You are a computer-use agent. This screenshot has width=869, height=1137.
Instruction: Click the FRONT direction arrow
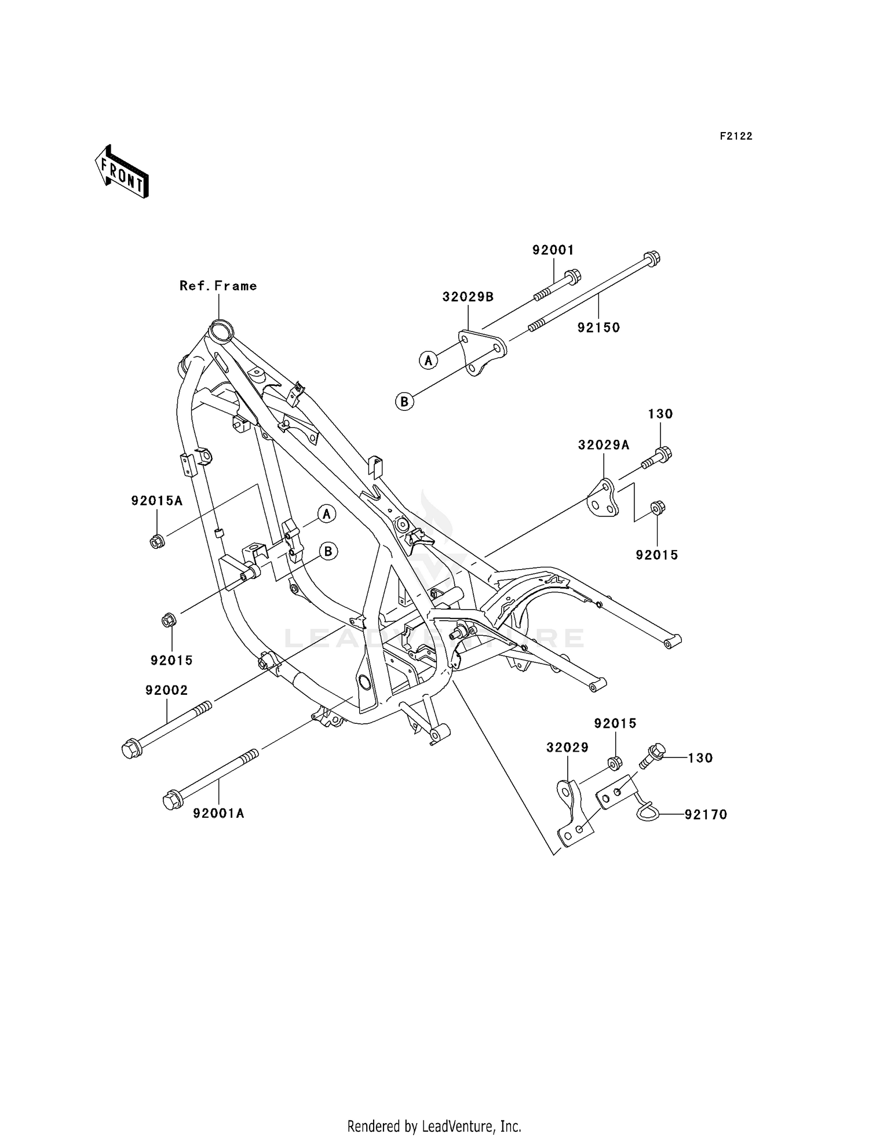[122, 172]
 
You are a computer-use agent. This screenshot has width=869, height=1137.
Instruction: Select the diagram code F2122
[736, 136]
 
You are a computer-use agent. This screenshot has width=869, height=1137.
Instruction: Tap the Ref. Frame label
[218, 286]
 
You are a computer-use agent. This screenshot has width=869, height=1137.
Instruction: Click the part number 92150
[598, 327]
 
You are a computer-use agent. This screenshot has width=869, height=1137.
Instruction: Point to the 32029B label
[468, 297]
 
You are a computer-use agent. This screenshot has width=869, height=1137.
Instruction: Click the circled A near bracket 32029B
[428, 360]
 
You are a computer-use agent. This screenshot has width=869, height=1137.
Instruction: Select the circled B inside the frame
[328, 551]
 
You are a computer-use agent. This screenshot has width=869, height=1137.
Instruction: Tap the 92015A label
[156, 501]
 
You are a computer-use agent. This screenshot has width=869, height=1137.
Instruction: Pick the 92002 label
[166, 690]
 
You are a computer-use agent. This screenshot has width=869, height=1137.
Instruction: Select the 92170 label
[706, 815]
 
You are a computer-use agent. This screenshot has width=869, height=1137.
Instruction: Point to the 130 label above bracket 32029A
[660, 414]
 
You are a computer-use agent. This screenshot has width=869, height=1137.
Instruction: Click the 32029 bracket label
[567, 748]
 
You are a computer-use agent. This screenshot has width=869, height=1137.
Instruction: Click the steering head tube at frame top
[220, 331]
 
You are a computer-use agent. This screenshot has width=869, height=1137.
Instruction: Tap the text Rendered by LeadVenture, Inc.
[434, 1127]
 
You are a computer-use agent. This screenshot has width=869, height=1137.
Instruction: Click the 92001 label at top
[553, 250]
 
